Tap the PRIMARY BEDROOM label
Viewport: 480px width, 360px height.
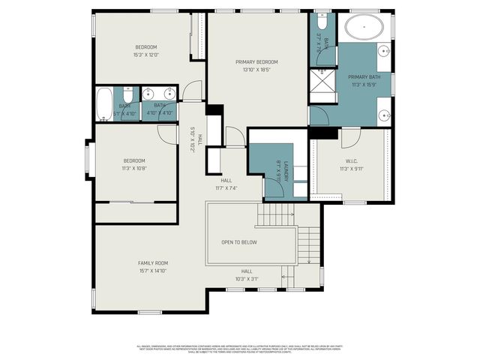click(256, 62)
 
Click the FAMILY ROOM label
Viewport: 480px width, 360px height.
click(152, 262)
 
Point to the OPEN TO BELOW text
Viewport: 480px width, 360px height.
click(239, 242)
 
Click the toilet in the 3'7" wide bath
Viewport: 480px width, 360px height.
click(322, 18)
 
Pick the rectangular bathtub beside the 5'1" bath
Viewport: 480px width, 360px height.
click(104, 103)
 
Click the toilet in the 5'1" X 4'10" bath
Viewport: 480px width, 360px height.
click(128, 96)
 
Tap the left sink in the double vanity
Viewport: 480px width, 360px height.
click(148, 93)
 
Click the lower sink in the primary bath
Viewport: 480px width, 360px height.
click(383, 115)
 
